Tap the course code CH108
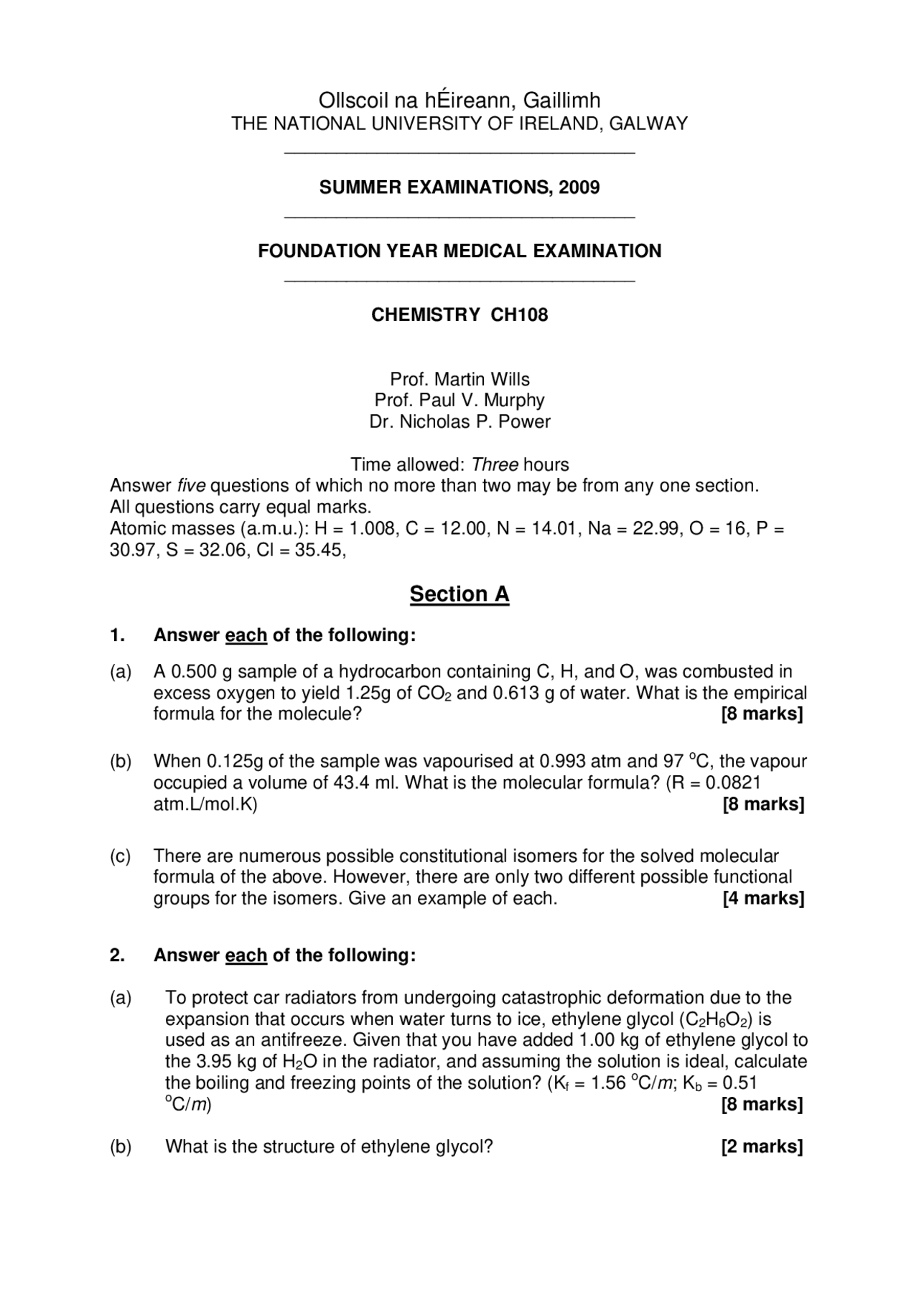coord(519,314)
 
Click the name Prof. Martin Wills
coord(459,379)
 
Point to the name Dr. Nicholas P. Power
coord(459,421)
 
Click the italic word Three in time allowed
coord(495,464)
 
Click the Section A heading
coord(459,594)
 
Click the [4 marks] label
coord(763,899)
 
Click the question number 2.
coord(117,955)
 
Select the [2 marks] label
coord(762,1146)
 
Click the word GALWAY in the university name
coord(648,123)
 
